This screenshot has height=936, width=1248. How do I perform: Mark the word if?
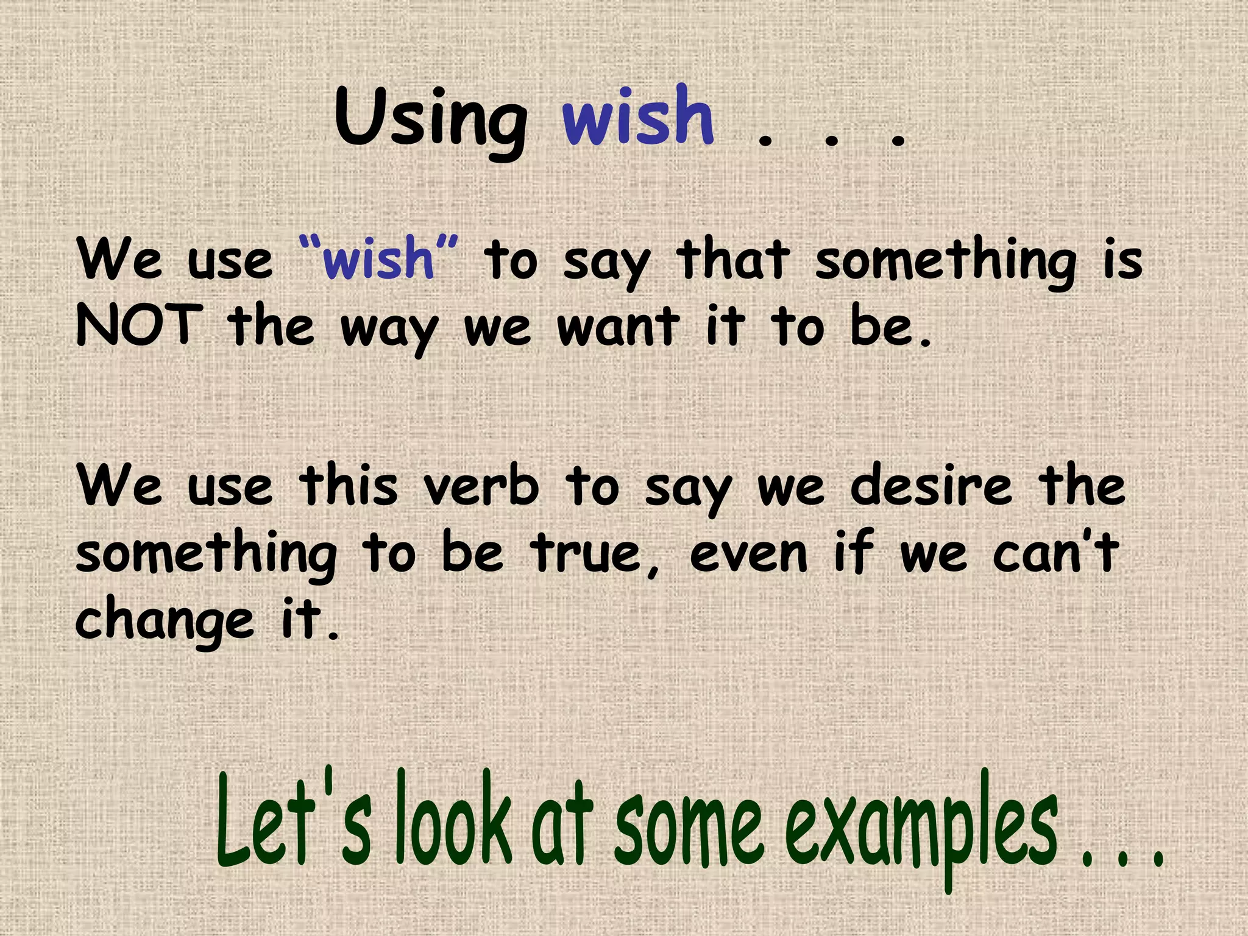point(851,551)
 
